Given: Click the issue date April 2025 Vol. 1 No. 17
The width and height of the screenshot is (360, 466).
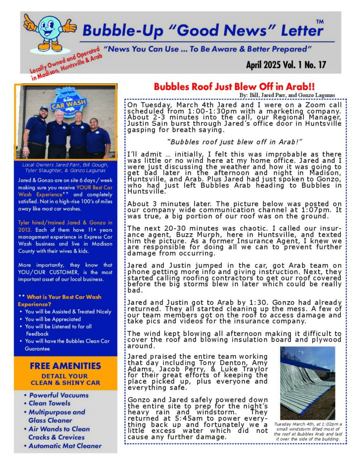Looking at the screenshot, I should coord(286,65).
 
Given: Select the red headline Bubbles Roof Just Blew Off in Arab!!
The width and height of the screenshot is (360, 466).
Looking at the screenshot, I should coord(234,86).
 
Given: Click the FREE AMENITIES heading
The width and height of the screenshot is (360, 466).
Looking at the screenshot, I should coord(66,366).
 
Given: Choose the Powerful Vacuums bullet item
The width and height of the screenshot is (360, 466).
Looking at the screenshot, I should coord(59,395).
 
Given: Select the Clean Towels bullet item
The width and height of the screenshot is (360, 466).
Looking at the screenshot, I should coord(50,403).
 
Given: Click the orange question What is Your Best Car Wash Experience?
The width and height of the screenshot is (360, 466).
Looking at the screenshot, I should coord(60,300).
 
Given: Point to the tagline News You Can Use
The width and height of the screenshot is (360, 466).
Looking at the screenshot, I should coord(207,49).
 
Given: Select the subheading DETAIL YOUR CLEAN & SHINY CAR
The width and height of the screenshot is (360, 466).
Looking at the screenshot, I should coord(66,380).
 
